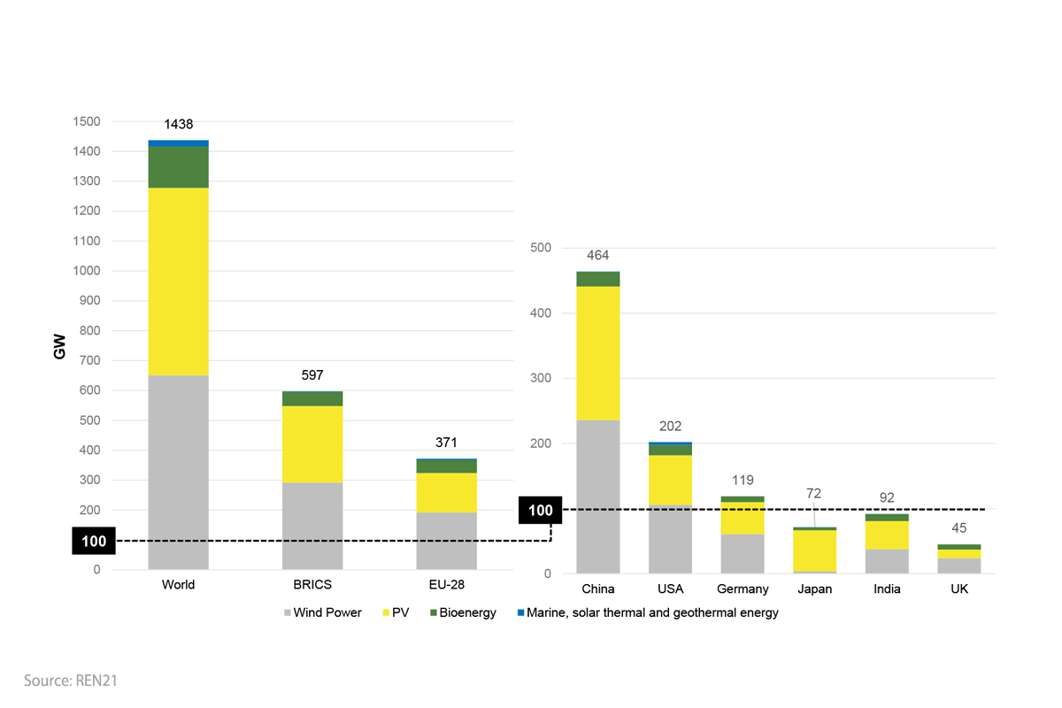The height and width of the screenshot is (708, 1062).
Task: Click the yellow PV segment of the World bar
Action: coord(178,281)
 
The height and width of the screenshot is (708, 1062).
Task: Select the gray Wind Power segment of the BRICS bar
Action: coord(312,525)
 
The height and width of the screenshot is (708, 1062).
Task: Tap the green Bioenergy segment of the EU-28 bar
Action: coord(447,466)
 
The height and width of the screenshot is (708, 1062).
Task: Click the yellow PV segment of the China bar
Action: coord(598,352)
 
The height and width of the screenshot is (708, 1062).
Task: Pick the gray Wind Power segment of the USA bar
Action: coord(670,539)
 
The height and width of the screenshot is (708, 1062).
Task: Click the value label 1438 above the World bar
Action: coord(178,125)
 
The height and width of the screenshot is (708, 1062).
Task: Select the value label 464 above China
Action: coord(598,255)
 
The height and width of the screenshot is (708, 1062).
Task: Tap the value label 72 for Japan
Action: coord(813,493)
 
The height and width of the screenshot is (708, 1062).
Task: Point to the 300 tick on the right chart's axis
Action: coord(540,379)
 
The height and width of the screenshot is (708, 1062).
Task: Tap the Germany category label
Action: coord(743,589)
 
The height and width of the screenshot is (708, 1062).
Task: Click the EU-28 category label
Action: coord(447,585)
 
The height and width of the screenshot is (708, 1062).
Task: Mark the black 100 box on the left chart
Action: coord(94,542)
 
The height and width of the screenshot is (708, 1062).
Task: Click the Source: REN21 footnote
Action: coord(71,681)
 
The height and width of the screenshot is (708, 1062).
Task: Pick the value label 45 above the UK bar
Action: coord(958,528)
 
